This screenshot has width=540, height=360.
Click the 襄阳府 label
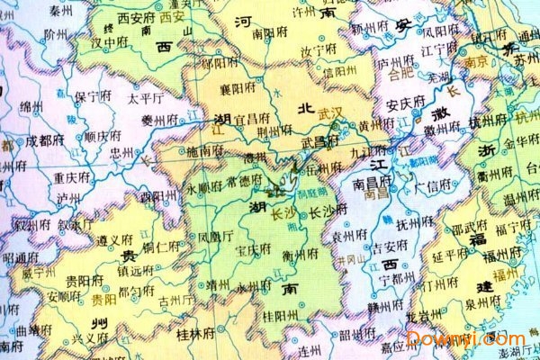pos(227,92)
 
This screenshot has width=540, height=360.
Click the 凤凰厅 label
pos(216,237)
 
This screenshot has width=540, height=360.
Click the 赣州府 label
pos(388,306)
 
